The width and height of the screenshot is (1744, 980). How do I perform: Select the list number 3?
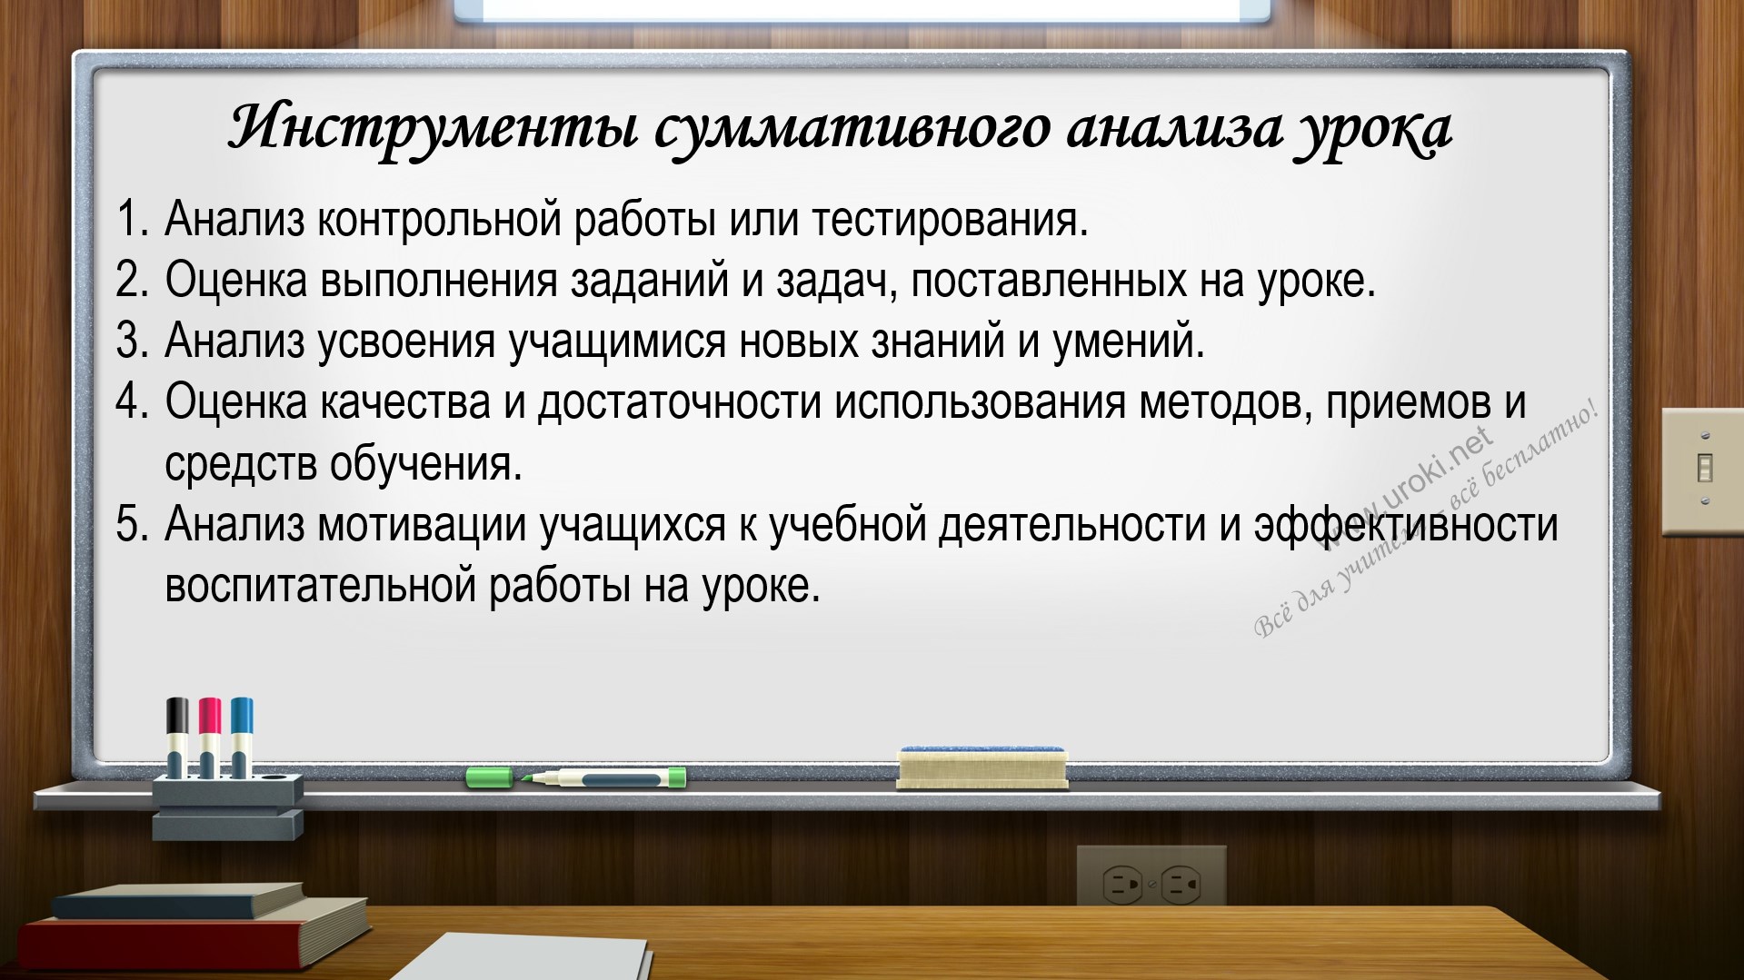[132, 341]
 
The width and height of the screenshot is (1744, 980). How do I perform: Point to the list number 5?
[132, 524]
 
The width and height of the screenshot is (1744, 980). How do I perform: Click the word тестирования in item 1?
[949, 219]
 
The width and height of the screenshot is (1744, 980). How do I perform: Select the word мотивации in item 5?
[422, 526]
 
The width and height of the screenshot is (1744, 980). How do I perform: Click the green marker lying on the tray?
[576, 777]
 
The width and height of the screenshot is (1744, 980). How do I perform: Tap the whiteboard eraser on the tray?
[982, 767]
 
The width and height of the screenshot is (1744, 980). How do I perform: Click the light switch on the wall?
[1703, 471]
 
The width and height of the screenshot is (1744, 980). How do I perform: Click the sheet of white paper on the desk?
[523, 958]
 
